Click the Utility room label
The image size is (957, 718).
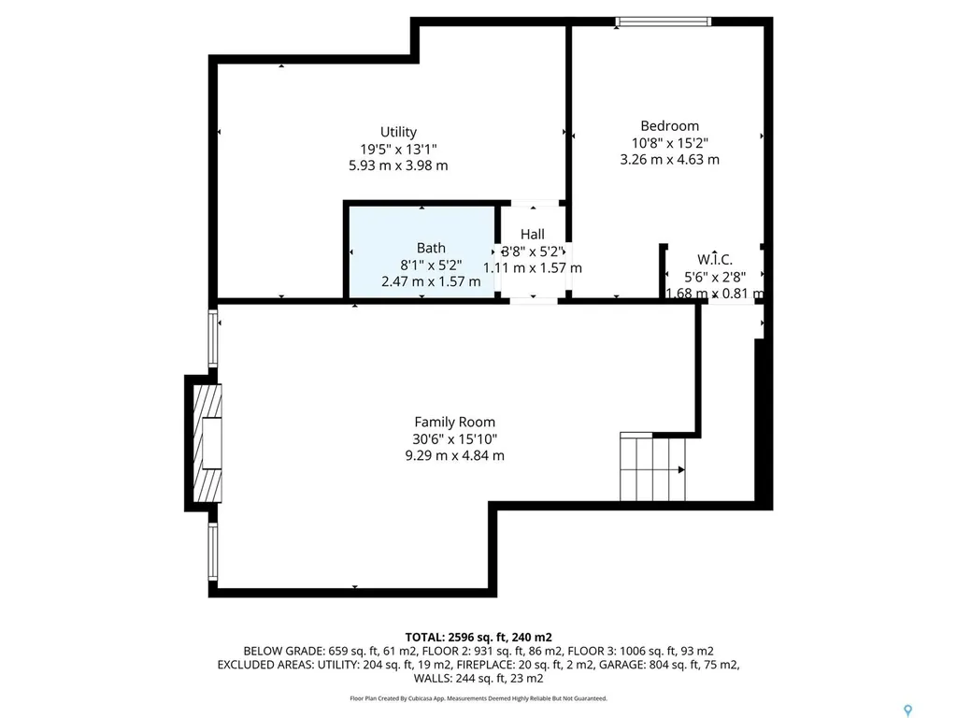pos(398,132)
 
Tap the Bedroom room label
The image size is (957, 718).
pos(669,126)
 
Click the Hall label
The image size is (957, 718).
pos(532,235)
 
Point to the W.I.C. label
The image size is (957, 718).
pos(715,259)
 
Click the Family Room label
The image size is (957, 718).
pos(455,422)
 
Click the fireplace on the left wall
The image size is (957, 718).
pos(209,442)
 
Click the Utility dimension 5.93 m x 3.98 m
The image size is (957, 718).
pos(398,165)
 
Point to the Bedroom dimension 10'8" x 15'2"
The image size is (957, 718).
pos(669,143)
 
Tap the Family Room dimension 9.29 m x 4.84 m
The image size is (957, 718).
pos(455,455)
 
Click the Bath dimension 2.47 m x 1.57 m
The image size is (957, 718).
pos(431,280)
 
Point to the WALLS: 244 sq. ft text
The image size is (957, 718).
pos(478,679)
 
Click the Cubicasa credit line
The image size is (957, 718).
pos(478,698)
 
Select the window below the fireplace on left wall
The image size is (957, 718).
pos(213,553)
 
